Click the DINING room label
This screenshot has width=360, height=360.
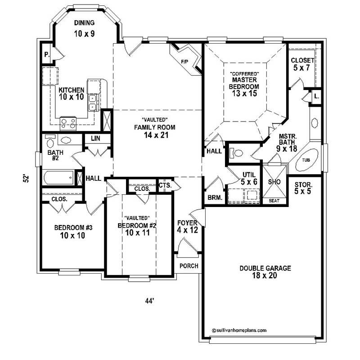[x=85, y=22]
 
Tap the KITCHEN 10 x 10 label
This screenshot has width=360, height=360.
[x=71, y=93]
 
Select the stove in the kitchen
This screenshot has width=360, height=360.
[x=69, y=121]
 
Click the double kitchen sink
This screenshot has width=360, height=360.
[x=93, y=103]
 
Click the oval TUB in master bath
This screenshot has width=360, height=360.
[x=306, y=160]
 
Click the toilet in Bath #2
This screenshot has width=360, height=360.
[x=65, y=140]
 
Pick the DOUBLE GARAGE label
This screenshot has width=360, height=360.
[x=265, y=272]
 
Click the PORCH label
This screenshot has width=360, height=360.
[x=189, y=266]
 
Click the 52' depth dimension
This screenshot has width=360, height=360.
[x=27, y=178]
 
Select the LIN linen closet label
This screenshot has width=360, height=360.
[x=95, y=139]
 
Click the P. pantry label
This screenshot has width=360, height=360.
[x=46, y=55]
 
